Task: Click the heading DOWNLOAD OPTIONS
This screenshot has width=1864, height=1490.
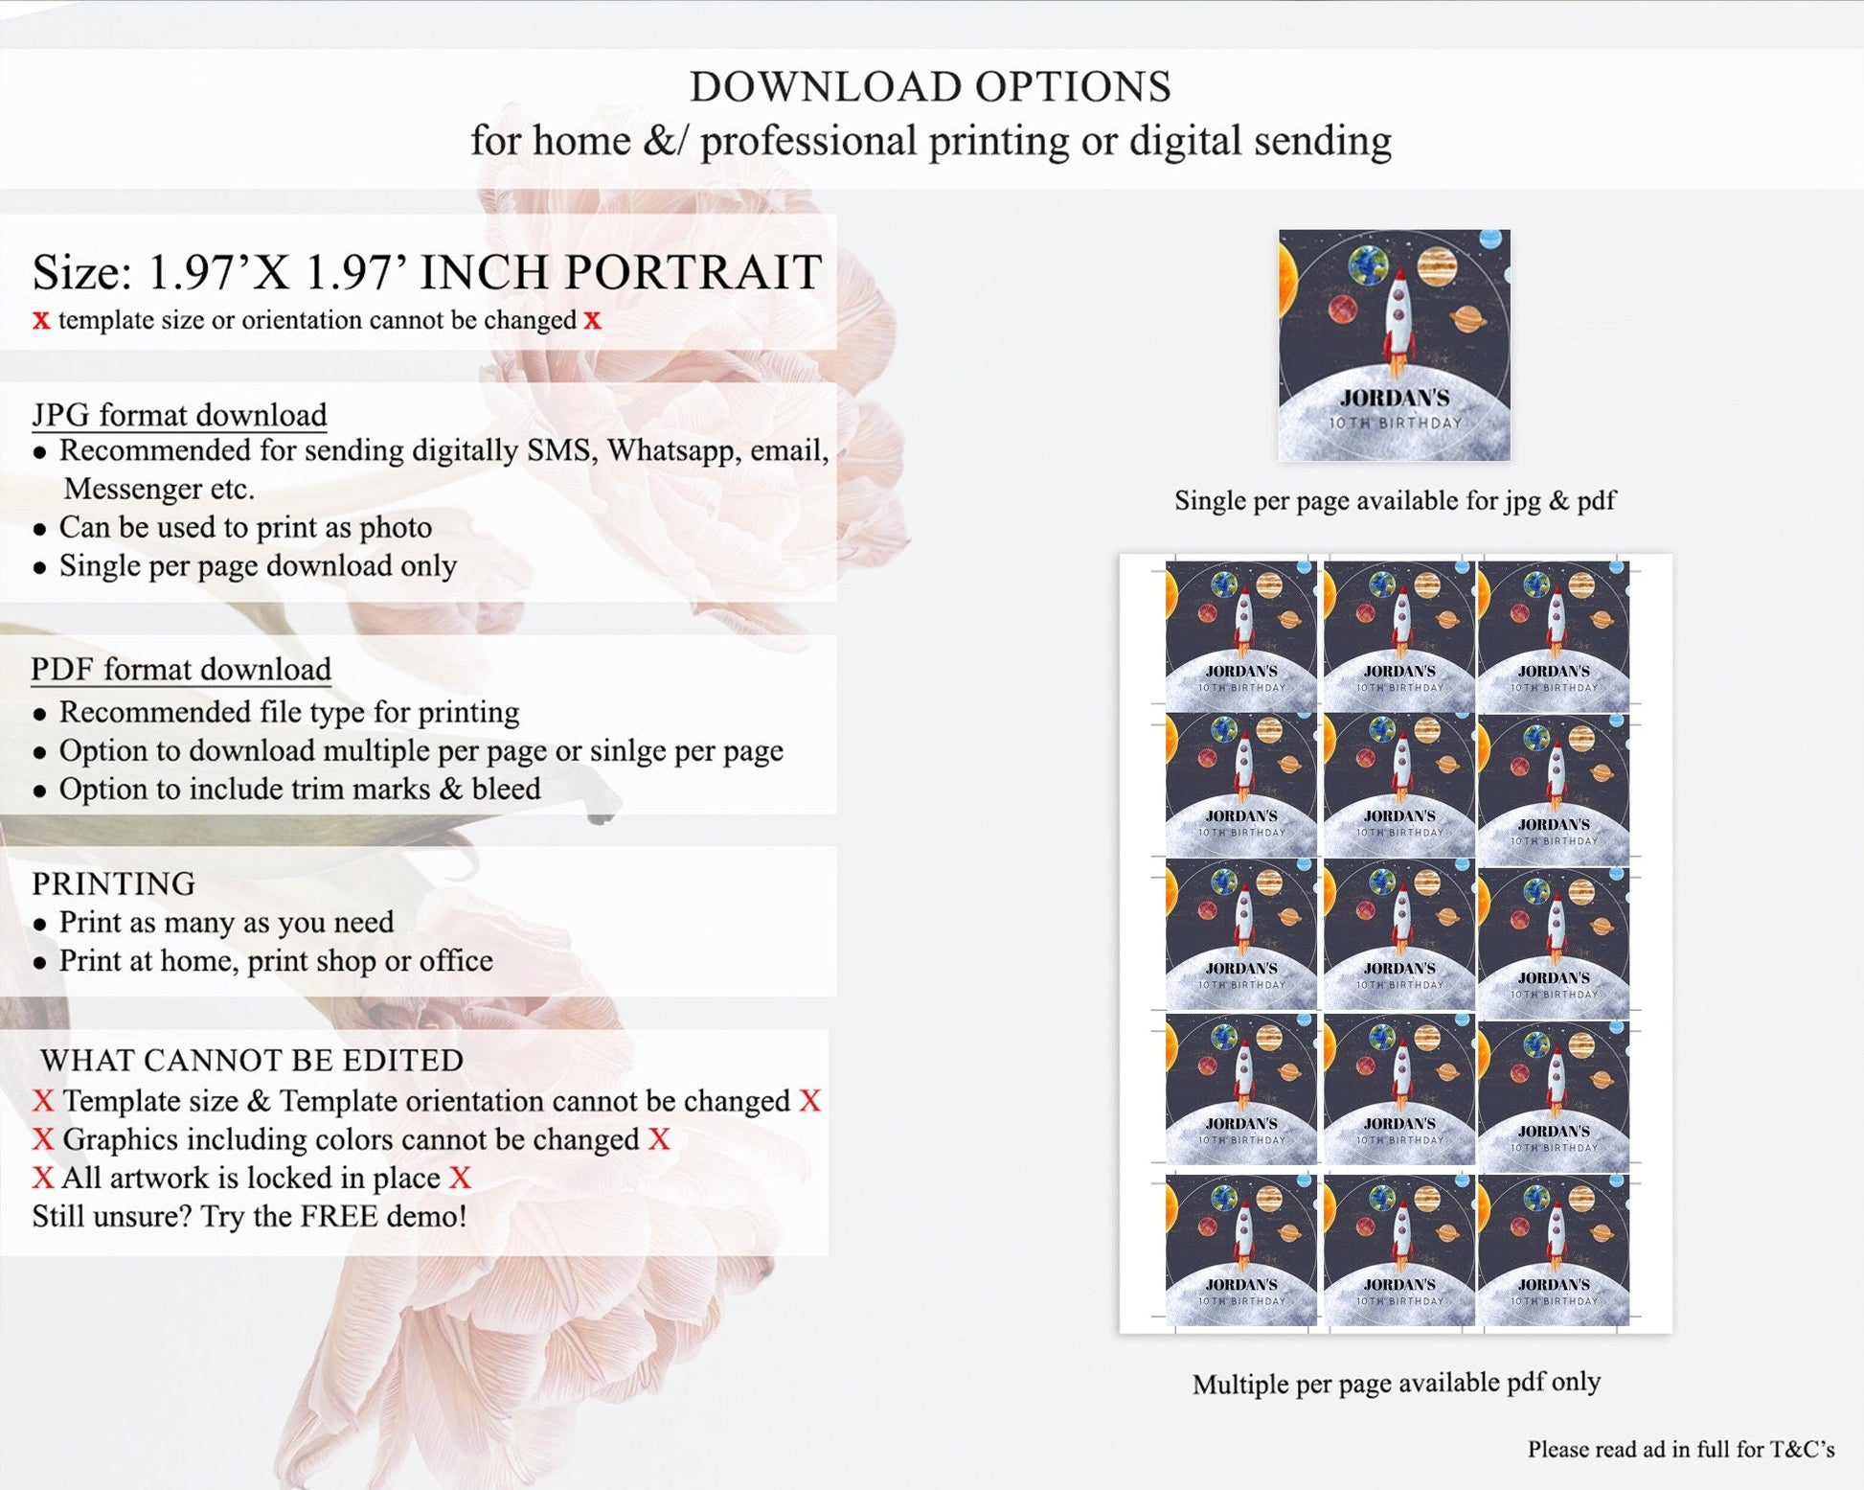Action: pyautogui.click(x=930, y=86)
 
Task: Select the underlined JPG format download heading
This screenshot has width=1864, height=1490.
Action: pyautogui.click(x=179, y=415)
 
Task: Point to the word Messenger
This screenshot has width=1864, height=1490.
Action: pyautogui.click(x=159, y=489)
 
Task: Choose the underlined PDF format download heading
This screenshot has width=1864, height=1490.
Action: pyautogui.click(x=181, y=669)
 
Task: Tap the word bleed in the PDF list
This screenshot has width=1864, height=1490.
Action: pyautogui.click(x=506, y=789)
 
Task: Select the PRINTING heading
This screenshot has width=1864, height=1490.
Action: pyautogui.click(x=114, y=883)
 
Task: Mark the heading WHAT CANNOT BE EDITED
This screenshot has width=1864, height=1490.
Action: pyautogui.click(x=252, y=1060)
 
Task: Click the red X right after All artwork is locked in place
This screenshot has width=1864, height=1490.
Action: pyautogui.click(x=460, y=1178)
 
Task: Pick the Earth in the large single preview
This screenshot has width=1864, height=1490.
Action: pyautogui.click(x=1368, y=265)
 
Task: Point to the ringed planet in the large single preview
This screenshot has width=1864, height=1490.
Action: pyautogui.click(x=1467, y=319)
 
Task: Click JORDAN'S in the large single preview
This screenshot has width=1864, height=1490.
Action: pyautogui.click(x=1395, y=398)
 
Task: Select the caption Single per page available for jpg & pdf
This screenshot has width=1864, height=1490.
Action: pyautogui.click(x=1395, y=500)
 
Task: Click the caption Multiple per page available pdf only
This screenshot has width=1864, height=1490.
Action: pyautogui.click(x=1396, y=1383)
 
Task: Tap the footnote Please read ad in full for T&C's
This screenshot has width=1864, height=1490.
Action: pyautogui.click(x=1681, y=1449)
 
